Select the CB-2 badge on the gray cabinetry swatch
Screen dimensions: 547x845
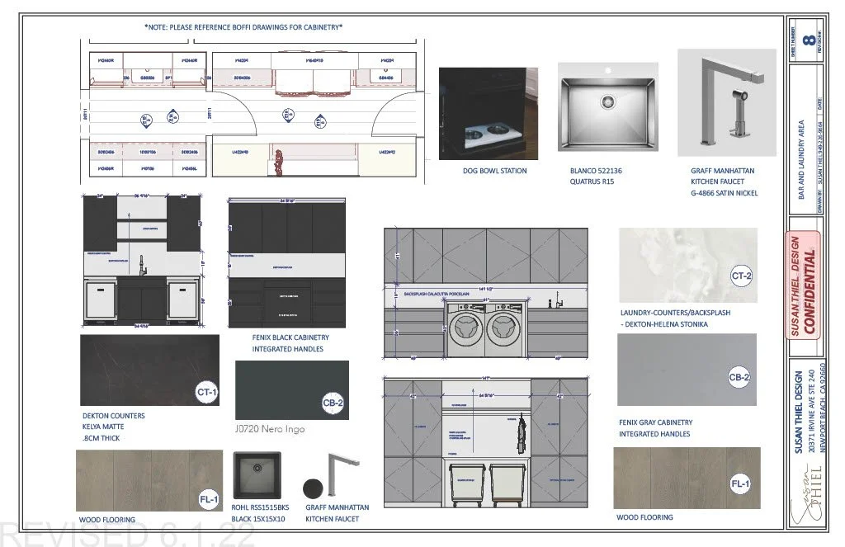pyautogui.click(x=739, y=378)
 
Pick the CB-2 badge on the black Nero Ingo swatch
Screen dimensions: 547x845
pyautogui.click(x=333, y=403)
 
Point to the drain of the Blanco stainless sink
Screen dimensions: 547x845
pyautogui.click(x=608, y=101)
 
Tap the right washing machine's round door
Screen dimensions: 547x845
pyautogui.click(x=503, y=328)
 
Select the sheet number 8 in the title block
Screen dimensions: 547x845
pyautogui.click(x=810, y=39)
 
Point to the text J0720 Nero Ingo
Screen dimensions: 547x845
pyautogui.click(x=269, y=429)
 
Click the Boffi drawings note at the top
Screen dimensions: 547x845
pyautogui.click(x=243, y=27)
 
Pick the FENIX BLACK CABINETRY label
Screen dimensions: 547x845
pyautogui.click(x=290, y=337)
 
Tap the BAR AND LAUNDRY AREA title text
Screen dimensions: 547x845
pyautogui.click(x=800, y=157)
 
